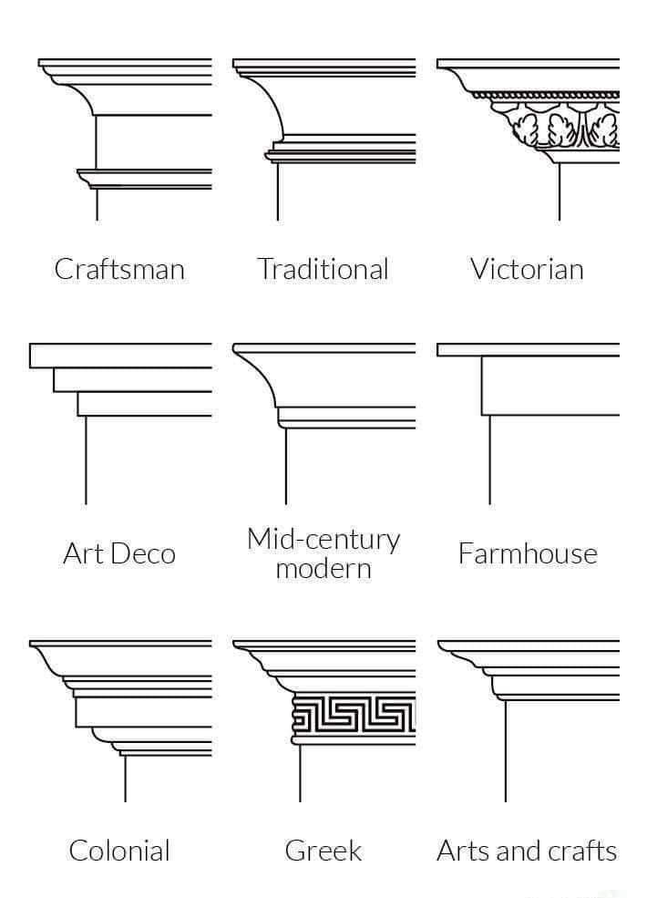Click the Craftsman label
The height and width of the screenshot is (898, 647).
tap(119, 269)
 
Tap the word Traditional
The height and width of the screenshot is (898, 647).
tap(323, 269)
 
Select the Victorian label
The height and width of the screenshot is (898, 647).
tap(527, 269)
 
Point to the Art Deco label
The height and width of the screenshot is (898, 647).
tap(119, 553)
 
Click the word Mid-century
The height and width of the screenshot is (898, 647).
tap(323, 539)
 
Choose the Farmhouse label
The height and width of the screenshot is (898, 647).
tap(528, 553)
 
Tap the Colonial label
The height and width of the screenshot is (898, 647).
tap(119, 851)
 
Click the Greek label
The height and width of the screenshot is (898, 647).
tap(323, 851)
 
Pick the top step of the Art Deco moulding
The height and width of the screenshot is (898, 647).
tap(118, 356)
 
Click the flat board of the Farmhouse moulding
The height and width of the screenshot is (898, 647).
tap(547, 385)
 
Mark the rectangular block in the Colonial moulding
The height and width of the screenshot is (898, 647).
tap(137, 711)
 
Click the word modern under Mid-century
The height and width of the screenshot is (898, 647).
tap(323, 569)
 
